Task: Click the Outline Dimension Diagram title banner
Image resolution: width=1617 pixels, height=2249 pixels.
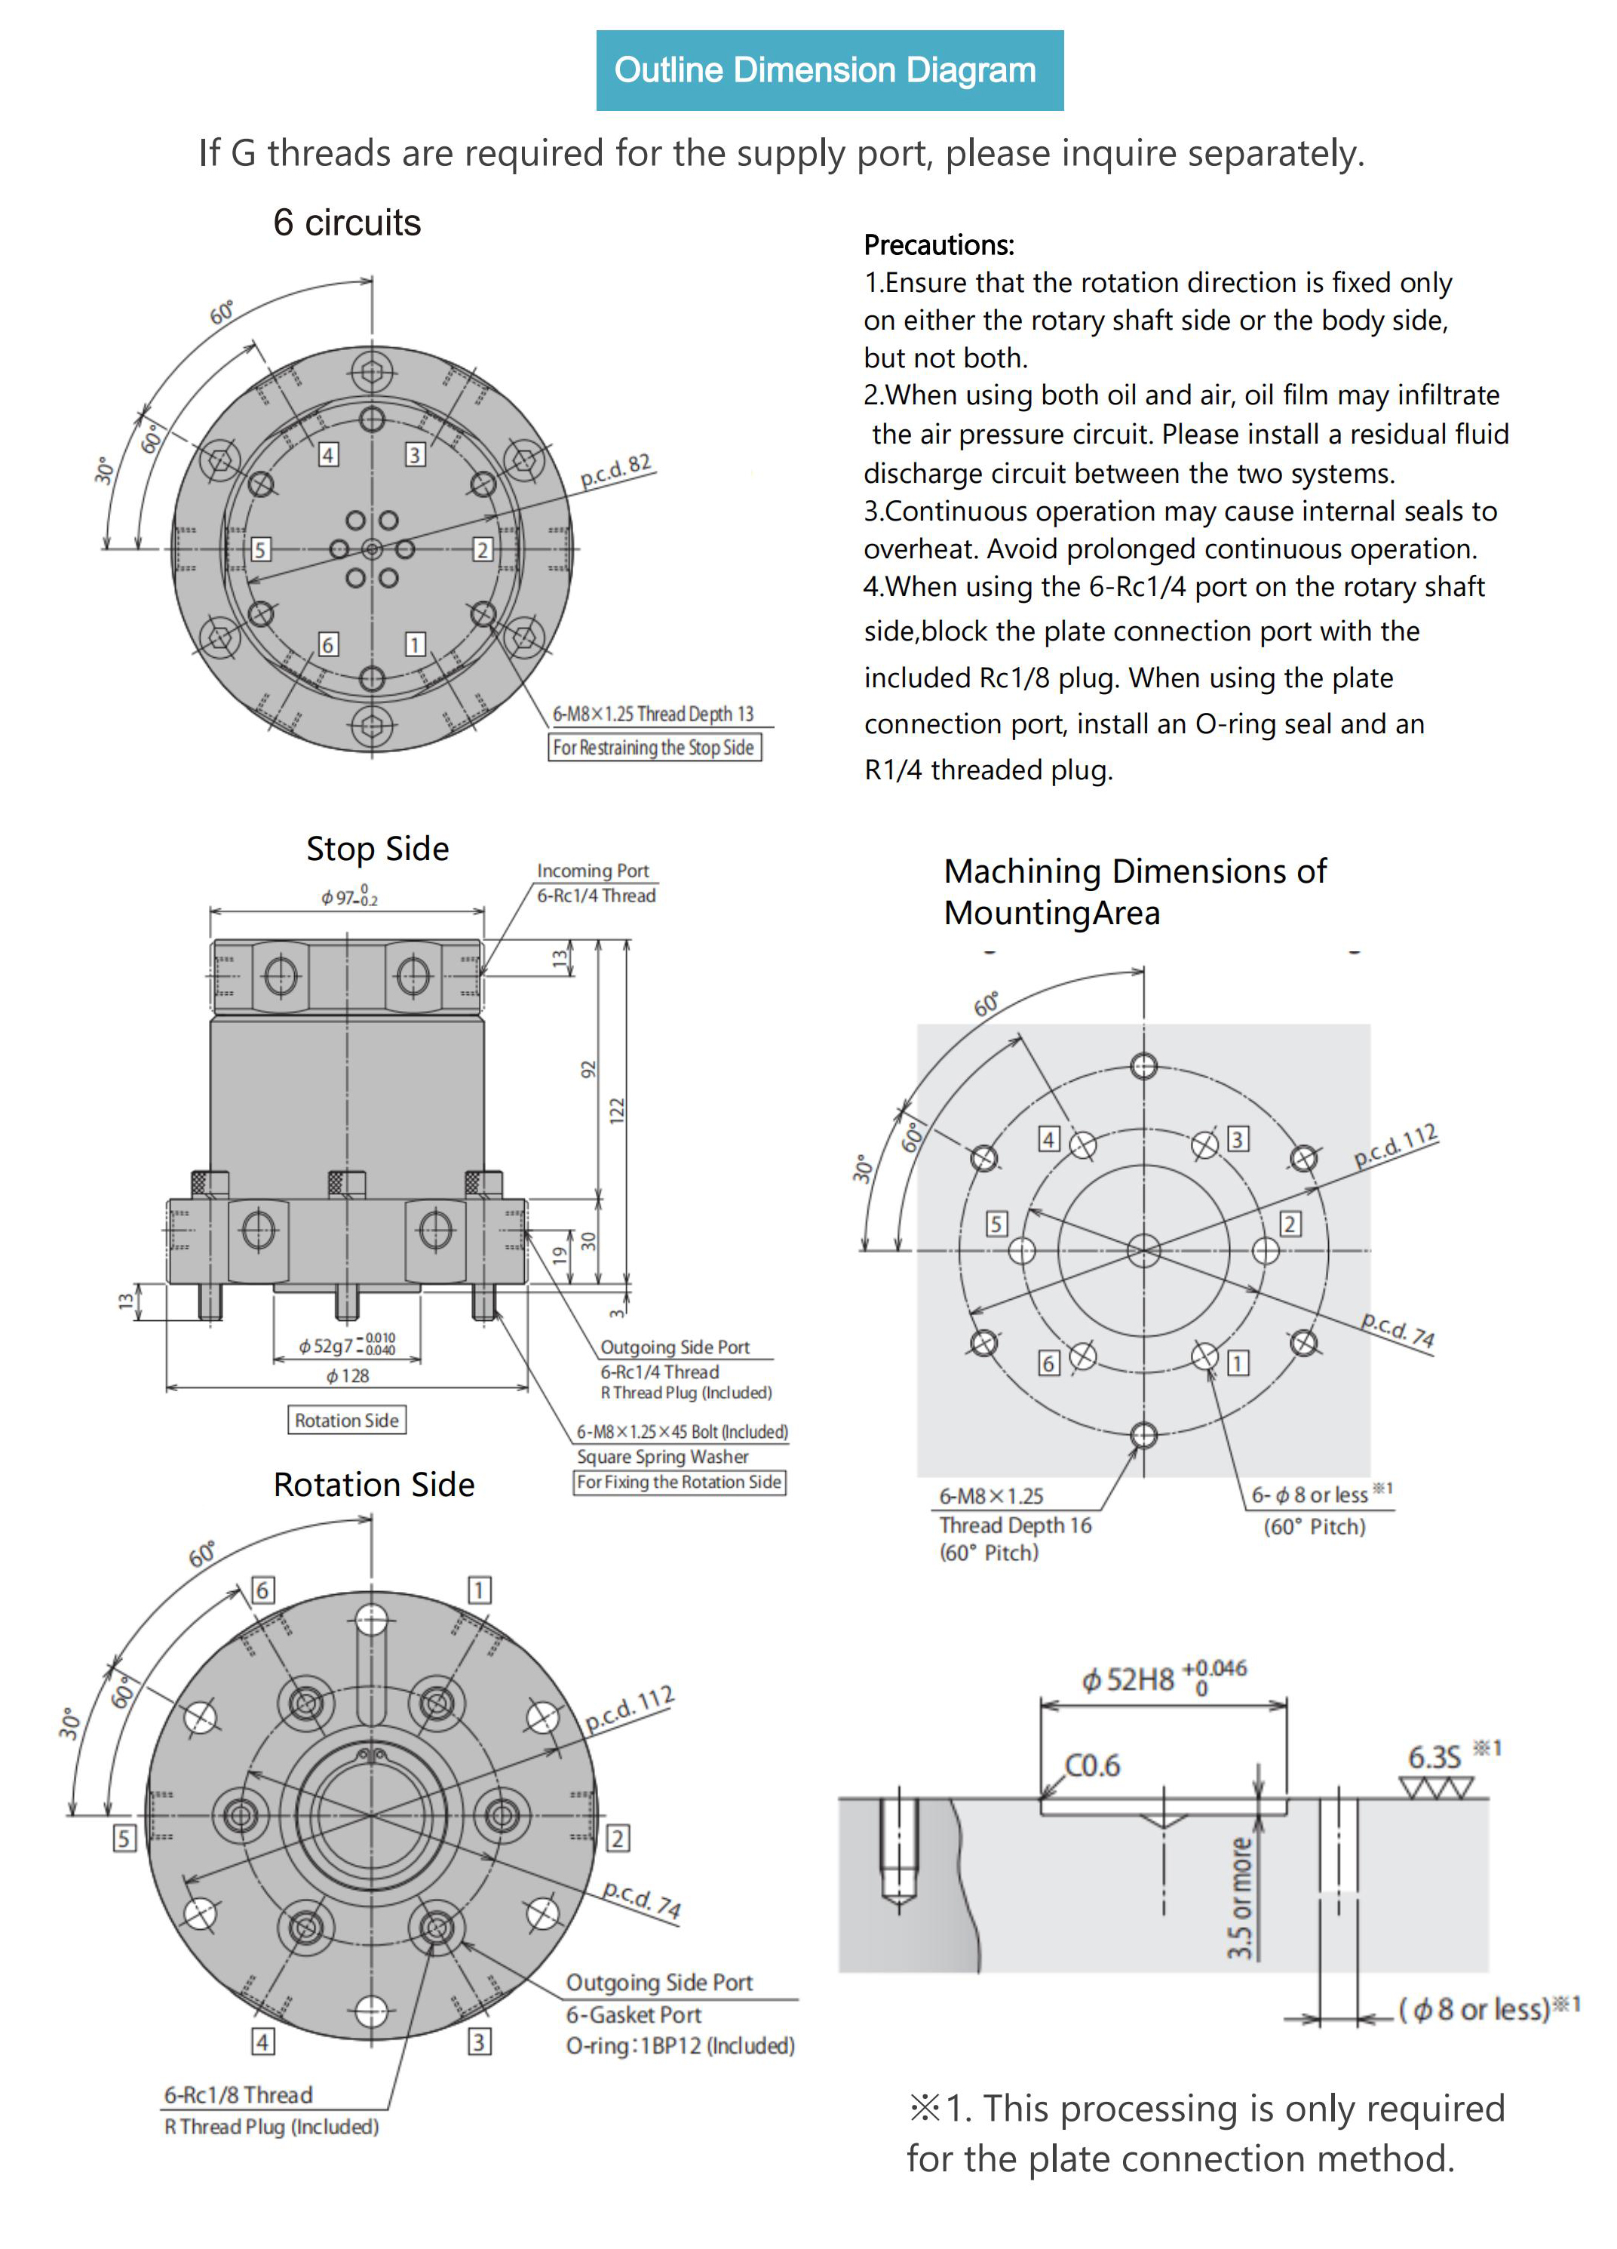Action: click(x=829, y=70)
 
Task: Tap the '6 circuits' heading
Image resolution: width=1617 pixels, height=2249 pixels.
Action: click(x=346, y=223)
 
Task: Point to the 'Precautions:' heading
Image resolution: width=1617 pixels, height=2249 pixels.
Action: click(x=938, y=245)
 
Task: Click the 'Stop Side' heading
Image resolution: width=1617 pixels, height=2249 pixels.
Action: click(x=377, y=849)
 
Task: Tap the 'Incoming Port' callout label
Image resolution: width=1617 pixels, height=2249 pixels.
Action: click(x=592, y=871)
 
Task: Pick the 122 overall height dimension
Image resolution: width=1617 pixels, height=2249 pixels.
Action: click(x=617, y=1110)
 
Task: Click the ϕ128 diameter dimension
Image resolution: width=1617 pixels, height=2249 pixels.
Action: click(x=347, y=1375)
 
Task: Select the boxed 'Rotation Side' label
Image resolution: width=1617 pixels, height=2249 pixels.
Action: click(x=346, y=1420)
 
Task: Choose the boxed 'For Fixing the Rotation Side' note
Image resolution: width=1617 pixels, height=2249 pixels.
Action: click(x=679, y=1482)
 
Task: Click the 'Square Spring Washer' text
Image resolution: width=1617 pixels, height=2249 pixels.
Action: click(x=662, y=1457)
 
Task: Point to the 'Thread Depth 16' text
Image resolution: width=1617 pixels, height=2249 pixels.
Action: click(x=1014, y=1525)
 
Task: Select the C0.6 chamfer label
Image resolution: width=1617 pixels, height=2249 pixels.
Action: click(x=1091, y=1765)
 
